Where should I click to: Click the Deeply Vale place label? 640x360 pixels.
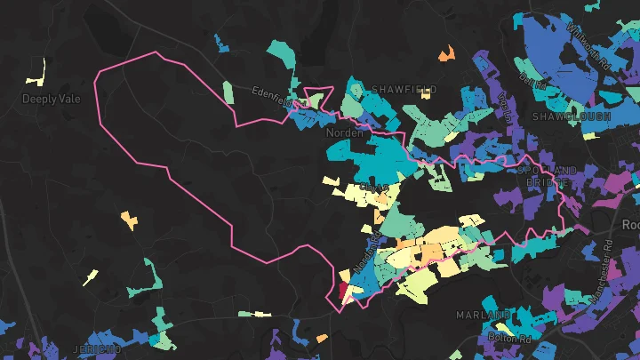click(51, 99)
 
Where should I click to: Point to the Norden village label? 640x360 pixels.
click(345, 132)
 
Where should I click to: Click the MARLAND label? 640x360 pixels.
click(484, 316)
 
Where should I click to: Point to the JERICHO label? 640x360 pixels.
click(99, 349)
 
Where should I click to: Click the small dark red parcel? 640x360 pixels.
click(343, 290)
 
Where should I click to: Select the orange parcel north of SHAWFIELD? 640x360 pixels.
click(446, 55)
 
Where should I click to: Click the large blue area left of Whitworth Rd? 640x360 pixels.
click(551, 53)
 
